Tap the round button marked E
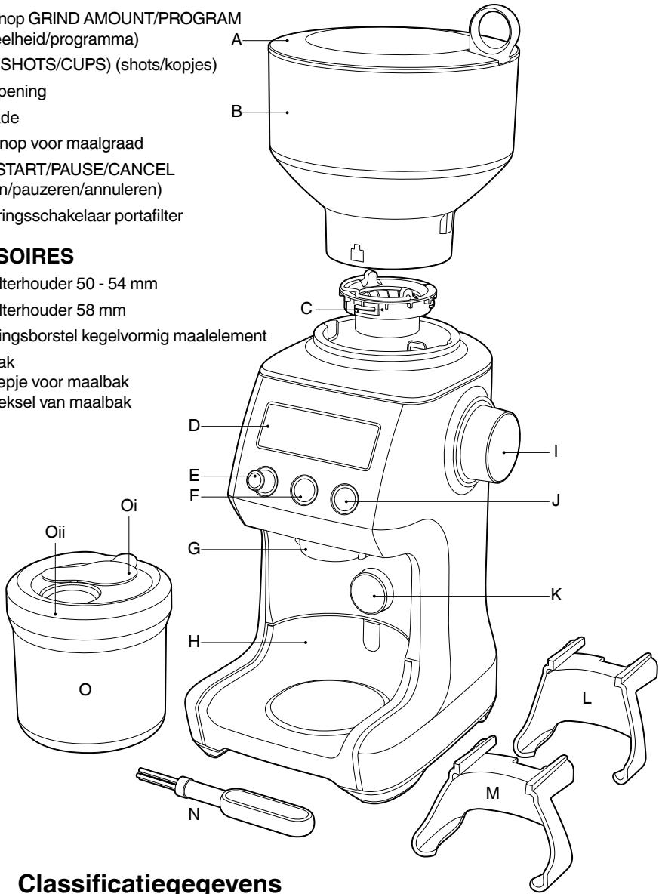(x=262, y=481)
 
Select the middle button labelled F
(x=304, y=489)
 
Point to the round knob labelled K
(x=372, y=591)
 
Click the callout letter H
(x=192, y=643)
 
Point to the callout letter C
(x=305, y=309)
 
